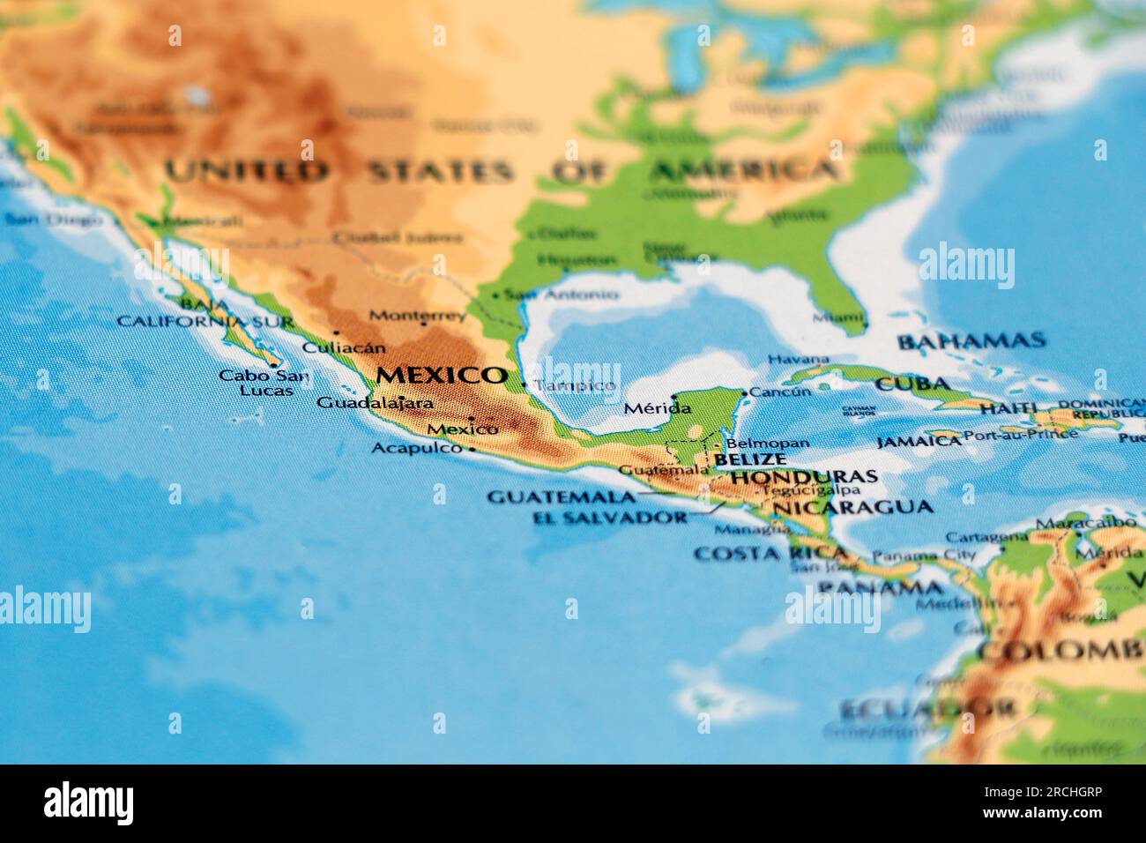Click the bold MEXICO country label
[x=441, y=375]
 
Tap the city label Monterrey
[x=417, y=315]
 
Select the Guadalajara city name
[x=375, y=403]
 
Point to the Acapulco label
[x=416, y=448]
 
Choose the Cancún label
[x=780, y=392]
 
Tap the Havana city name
[x=798, y=359]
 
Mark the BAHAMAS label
[x=971, y=340]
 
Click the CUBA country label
[x=912, y=384]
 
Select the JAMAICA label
[x=918, y=441]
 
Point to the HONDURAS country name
[x=804, y=476]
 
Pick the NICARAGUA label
[x=852, y=507]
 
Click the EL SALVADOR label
[x=609, y=518]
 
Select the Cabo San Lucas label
[x=264, y=383]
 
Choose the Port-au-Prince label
[x=1020, y=434]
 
